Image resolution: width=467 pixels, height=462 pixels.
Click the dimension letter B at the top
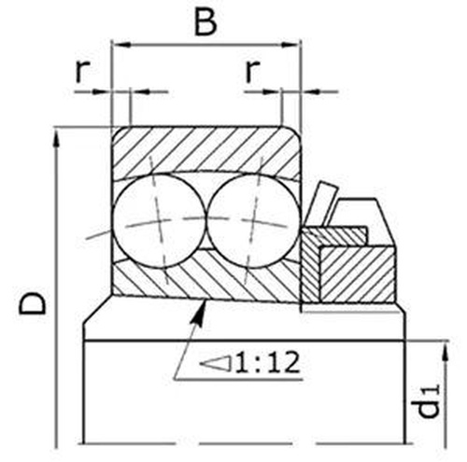tap(205, 22)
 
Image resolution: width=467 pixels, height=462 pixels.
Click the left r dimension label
tap(82, 71)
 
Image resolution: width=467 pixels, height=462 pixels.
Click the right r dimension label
tap(252, 71)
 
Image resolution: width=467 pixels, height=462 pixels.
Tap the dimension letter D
tap(33, 302)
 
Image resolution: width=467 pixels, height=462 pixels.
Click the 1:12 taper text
tap(267, 362)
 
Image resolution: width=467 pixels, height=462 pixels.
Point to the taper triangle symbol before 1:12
tap(216, 364)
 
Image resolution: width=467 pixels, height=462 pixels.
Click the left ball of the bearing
tap(159, 221)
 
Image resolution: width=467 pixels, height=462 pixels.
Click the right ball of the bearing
tap(253, 221)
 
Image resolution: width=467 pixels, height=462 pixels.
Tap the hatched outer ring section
tap(205, 149)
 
